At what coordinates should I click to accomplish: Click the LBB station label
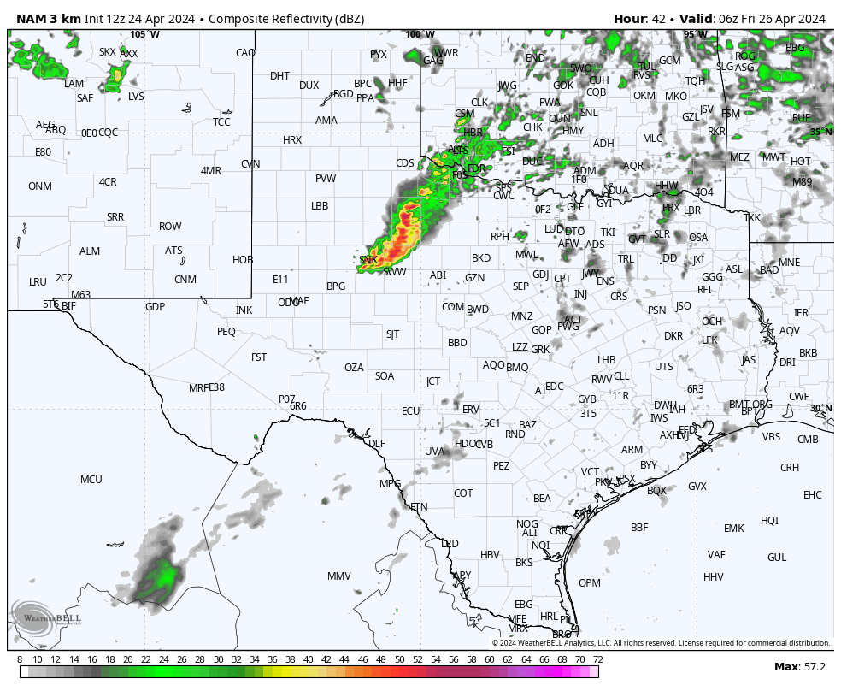[x=320, y=206]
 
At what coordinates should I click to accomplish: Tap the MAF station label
[x=299, y=301]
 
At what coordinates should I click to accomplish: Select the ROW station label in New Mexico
[x=170, y=227]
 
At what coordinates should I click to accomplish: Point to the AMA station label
[x=326, y=121]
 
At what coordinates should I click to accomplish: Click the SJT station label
[x=392, y=334]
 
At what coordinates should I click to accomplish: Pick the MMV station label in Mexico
[x=339, y=576]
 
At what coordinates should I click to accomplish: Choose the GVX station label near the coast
[x=697, y=487]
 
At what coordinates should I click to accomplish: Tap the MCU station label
[x=91, y=480]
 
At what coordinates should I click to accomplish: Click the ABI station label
[x=438, y=275]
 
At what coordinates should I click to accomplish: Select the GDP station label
[x=155, y=307]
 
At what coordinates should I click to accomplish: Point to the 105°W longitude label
[x=144, y=34]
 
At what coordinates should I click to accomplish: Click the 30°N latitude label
[x=820, y=408]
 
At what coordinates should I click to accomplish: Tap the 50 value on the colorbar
[x=399, y=659]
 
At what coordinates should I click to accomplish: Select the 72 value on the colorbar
[x=597, y=659]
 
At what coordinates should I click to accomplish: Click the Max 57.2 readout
[x=799, y=667]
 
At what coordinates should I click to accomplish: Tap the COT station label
[x=463, y=493]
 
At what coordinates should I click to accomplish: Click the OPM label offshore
[x=590, y=583]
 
